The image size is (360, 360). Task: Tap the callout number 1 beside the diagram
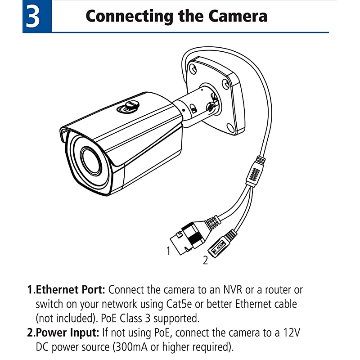pos(168,251)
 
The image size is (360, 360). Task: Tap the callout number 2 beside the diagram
pos(205,260)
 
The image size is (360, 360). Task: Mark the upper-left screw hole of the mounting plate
pos(193,69)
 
